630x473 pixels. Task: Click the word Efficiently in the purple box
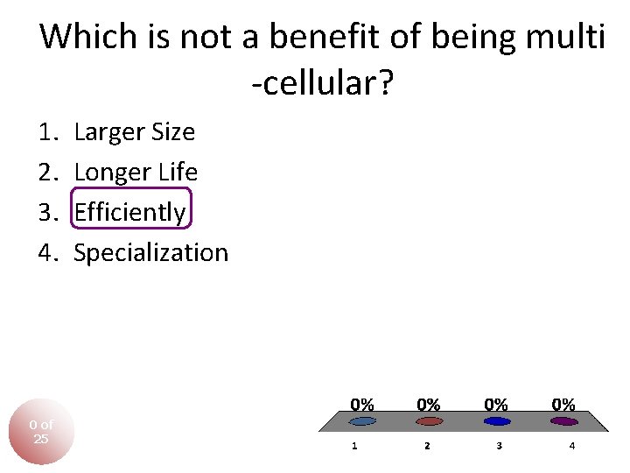(x=129, y=213)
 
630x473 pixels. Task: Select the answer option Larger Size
(x=135, y=132)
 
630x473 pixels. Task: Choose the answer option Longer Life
(x=136, y=173)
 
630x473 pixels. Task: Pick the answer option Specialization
(x=150, y=253)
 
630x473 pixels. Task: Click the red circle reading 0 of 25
(x=41, y=432)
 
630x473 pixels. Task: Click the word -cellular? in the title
(x=322, y=84)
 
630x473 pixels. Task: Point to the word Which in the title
(x=89, y=37)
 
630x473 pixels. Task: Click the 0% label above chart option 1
(x=362, y=405)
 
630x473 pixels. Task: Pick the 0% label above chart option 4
(x=563, y=405)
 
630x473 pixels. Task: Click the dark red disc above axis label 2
(x=428, y=421)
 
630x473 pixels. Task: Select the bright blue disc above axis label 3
(x=496, y=421)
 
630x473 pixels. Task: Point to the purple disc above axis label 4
(x=564, y=421)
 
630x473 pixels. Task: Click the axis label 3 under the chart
(x=499, y=446)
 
